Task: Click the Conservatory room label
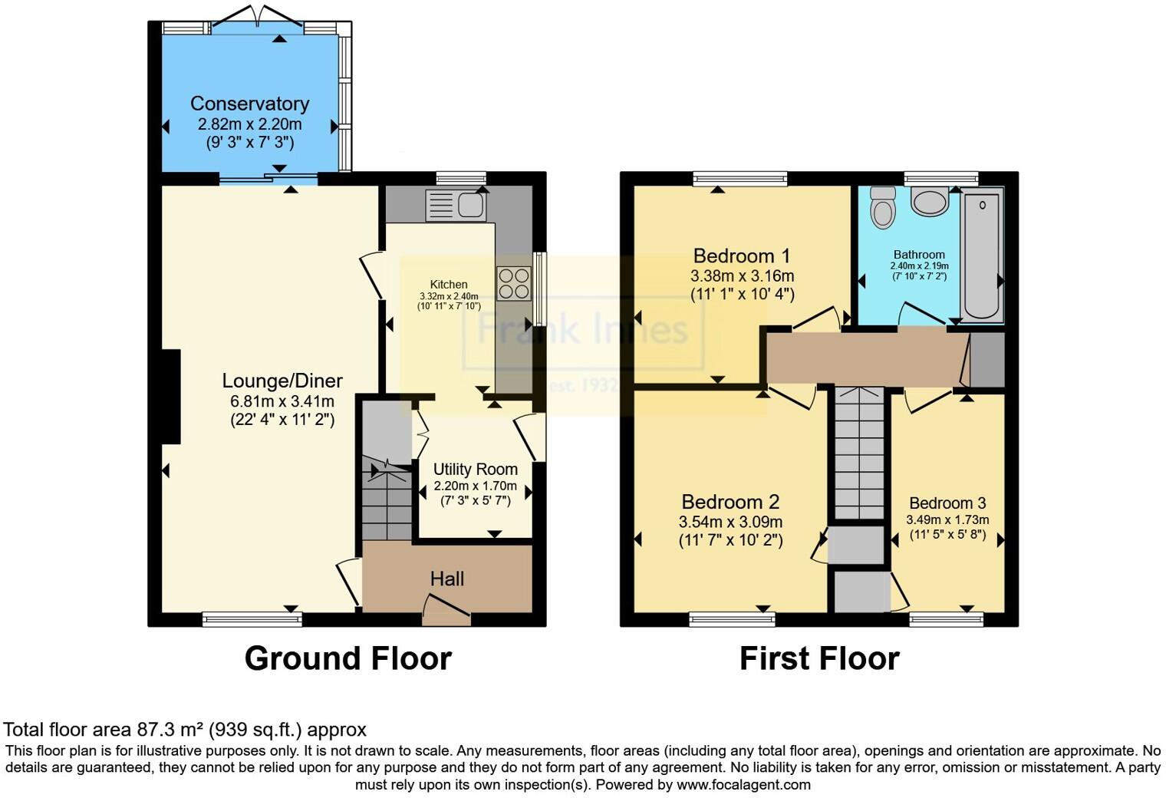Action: [250, 104]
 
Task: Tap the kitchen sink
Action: [456, 205]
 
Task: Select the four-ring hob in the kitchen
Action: [514, 284]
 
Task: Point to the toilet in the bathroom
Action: [884, 208]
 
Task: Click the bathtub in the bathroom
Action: [982, 255]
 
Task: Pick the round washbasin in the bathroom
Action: [930, 202]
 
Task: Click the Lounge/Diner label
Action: [282, 381]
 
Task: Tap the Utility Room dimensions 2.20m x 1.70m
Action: [476, 486]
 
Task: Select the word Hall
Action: [447, 579]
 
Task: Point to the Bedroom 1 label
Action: [742, 256]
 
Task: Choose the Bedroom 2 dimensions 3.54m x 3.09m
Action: [730, 522]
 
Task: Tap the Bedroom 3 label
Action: [947, 503]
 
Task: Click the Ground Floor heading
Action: [348, 658]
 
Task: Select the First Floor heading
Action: [819, 658]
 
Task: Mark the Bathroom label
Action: [919, 255]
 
